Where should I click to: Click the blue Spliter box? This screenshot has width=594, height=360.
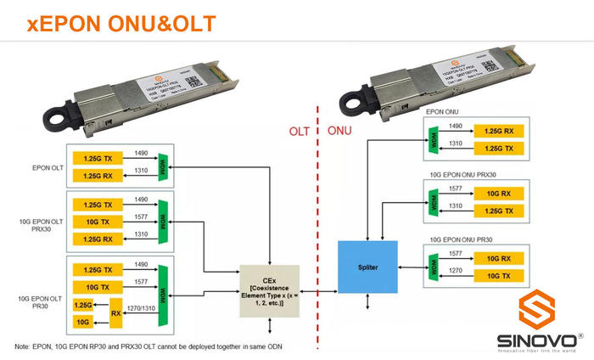(367, 266)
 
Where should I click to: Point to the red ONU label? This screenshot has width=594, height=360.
(339, 132)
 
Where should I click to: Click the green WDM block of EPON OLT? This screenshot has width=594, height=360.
(165, 166)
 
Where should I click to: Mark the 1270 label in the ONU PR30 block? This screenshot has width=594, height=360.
(455, 268)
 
